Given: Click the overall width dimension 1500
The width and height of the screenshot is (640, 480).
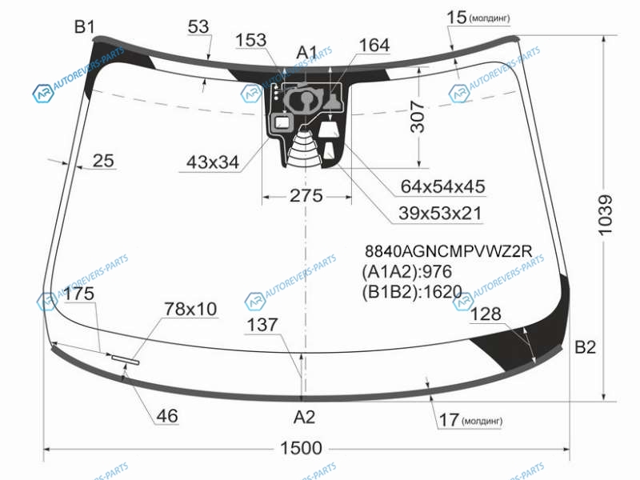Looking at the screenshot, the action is (x=302, y=448).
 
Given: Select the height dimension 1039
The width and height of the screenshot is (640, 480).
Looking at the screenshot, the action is (x=606, y=215).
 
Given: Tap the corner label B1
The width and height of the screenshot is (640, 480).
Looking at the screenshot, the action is (x=85, y=27).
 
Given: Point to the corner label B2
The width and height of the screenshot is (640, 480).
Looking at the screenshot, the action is (x=585, y=347).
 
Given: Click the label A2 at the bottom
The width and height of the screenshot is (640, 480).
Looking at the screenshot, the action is (x=304, y=417).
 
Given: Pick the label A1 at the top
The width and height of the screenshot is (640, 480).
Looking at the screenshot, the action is (x=306, y=53).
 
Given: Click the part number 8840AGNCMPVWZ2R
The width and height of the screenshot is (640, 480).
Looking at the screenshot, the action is (x=449, y=251).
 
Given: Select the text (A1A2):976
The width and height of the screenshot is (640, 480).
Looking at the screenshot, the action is (x=407, y=271).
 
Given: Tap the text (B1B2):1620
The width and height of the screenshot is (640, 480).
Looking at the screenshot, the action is (x=412, y=292).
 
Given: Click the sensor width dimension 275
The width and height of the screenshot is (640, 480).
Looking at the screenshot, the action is (x=306, y=196).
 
